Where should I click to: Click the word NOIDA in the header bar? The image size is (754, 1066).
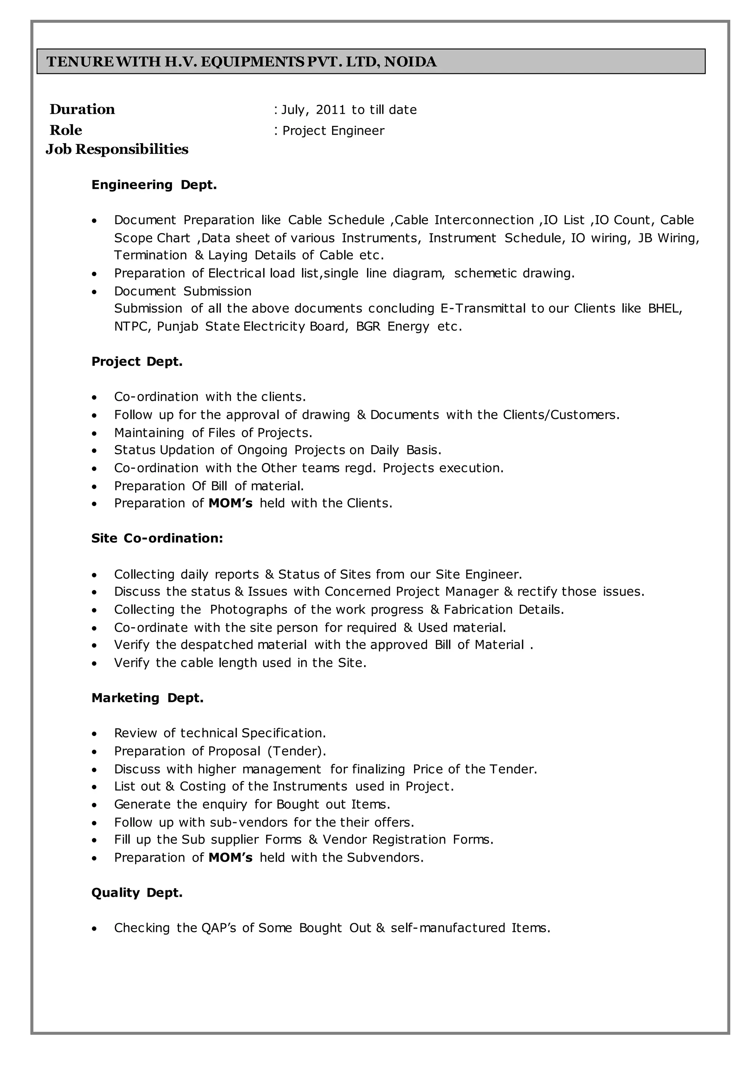pyautogui.click(x=411, y=62)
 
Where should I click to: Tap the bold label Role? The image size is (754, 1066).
pyautogui.click(x=66, y=130)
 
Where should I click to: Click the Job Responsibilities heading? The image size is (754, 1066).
pyautogui.click(x=117, y=149)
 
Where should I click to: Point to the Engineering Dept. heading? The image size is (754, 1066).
pyautogui.click(x=154, y=185)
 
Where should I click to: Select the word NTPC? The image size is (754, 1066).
pyautogui.click(x=132, y=327)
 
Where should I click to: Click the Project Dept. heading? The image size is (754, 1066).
pyautogui.click(x=137, y=362)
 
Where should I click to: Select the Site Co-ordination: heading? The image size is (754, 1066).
pyautogui.click(x=157, y=539)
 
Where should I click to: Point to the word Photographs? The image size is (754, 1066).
pyautogui.click(x=249, y=610)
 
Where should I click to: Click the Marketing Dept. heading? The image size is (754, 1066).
pyautogui.click(x=148, y=698)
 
